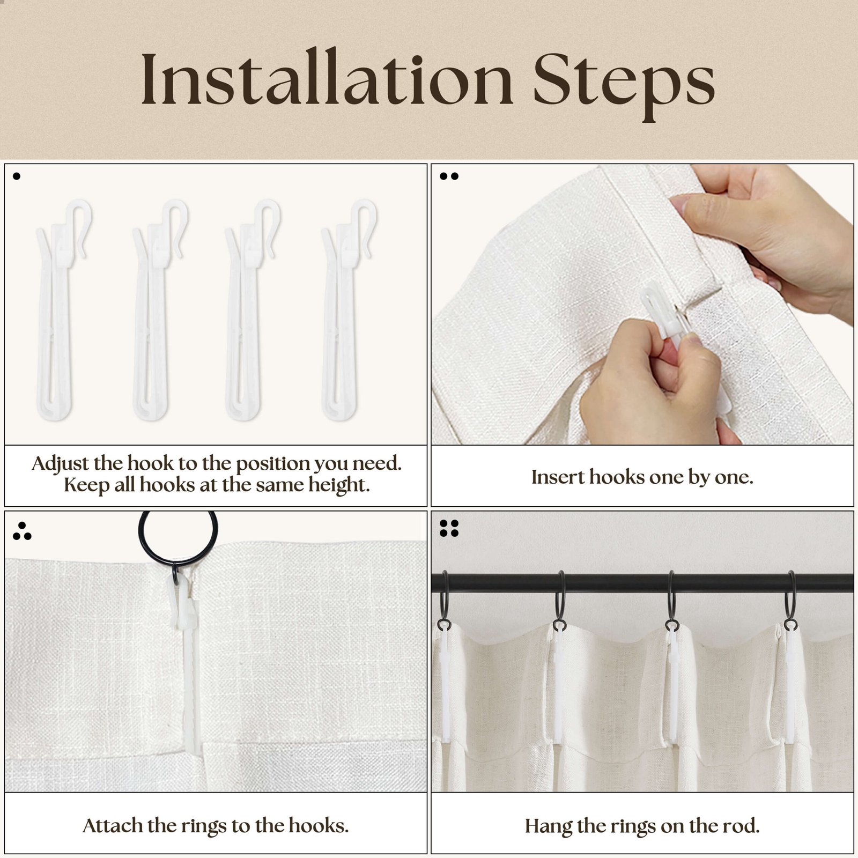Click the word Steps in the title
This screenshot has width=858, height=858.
click(x=624, y=85)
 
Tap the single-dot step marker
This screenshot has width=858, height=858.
click(x=17, y=176)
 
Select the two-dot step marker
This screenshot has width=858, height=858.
click(x=449, y=176)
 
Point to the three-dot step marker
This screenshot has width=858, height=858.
click(x=22, y=531)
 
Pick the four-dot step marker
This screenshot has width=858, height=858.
click(x=449, y=528)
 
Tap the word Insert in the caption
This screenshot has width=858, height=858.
click(x=558, y=477)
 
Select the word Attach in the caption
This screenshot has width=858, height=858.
click(x=112, y=825)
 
